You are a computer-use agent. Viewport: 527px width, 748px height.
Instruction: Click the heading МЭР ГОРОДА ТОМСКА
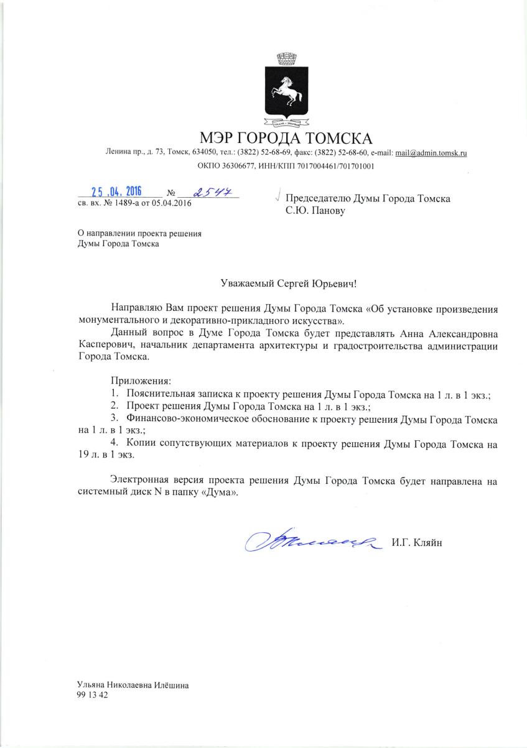point(286,137)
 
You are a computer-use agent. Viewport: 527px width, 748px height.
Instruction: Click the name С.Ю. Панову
point(314,211)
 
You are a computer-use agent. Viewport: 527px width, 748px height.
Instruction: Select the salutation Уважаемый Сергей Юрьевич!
point(289,284)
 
